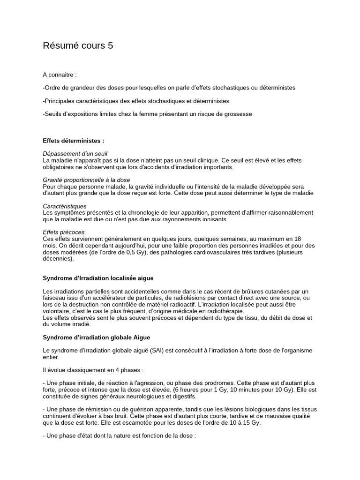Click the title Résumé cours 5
pos(78,45)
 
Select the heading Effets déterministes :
pos(74,140)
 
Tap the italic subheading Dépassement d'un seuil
pos(75,153)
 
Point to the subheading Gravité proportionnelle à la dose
pos(86,180)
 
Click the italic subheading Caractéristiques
pos(65,206)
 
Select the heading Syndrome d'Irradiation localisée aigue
pos(98,278)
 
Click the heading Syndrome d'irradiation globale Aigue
pos(96,337)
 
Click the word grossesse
pos(238,114)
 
